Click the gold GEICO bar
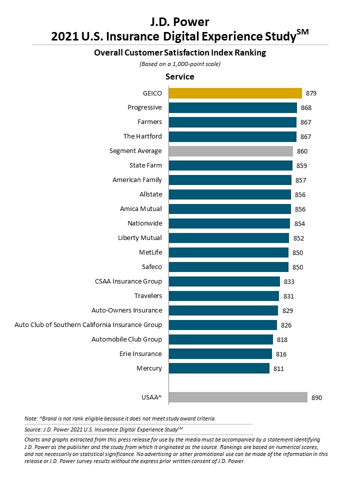235,93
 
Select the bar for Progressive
232,107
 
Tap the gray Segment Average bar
230,151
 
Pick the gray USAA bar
238,397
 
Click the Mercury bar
219,368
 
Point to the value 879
311,93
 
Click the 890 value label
316,397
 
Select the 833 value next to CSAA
289,281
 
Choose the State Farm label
145,165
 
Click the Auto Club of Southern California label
88,324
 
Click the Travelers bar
223,296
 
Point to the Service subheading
180,77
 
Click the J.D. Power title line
180,21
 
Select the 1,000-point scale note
180,64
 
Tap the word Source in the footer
33,429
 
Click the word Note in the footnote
30,418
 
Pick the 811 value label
278,368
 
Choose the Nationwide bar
229,223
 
